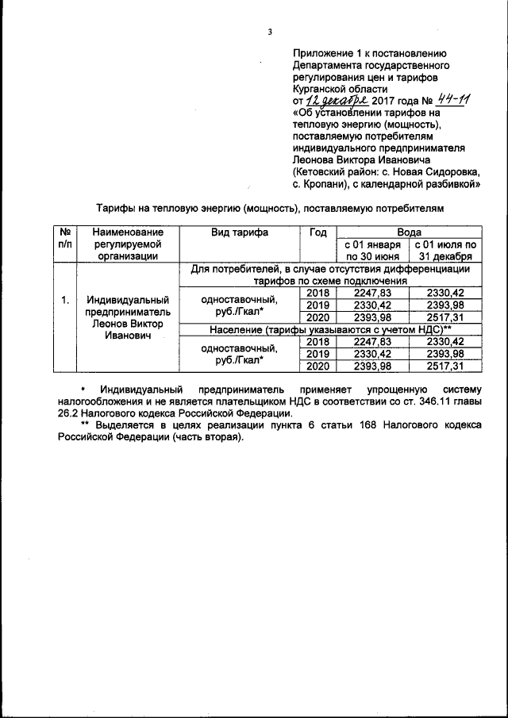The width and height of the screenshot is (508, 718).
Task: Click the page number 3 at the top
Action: (x=269, y=32)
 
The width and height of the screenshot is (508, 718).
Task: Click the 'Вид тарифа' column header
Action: (x=239, y=232)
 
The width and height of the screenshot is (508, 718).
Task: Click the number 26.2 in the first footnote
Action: (x=67, y=413)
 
